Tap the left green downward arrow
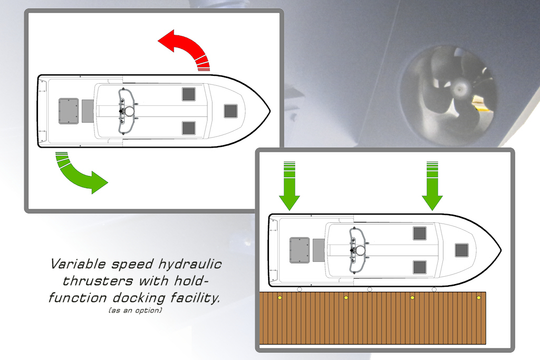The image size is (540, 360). (x=290, y=186)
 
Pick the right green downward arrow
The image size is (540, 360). (x=432, y=186)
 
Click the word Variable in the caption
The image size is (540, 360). (x=78, y=264)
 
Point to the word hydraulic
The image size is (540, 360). (x=190, y=265)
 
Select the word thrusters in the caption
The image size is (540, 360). (x=98, y=281)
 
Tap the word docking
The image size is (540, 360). (x=139, y=298)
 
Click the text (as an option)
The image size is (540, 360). (x=136, y=310)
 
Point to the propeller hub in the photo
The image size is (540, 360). (x=459, y=90)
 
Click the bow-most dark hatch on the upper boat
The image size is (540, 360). (x=231, y=111)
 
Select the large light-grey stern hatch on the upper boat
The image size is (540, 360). (x=69, y=111)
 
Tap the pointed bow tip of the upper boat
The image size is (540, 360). (x=270, y=111)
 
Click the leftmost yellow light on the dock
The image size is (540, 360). (x=279, y=297)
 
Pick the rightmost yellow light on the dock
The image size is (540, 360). (x=479, y=297)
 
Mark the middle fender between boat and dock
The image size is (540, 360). (x=370, y=289)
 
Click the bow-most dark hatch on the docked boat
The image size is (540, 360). (x=461, y=250)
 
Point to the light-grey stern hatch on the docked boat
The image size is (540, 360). (x=300, y=250)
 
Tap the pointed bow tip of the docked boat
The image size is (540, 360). (x=501, y=250)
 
